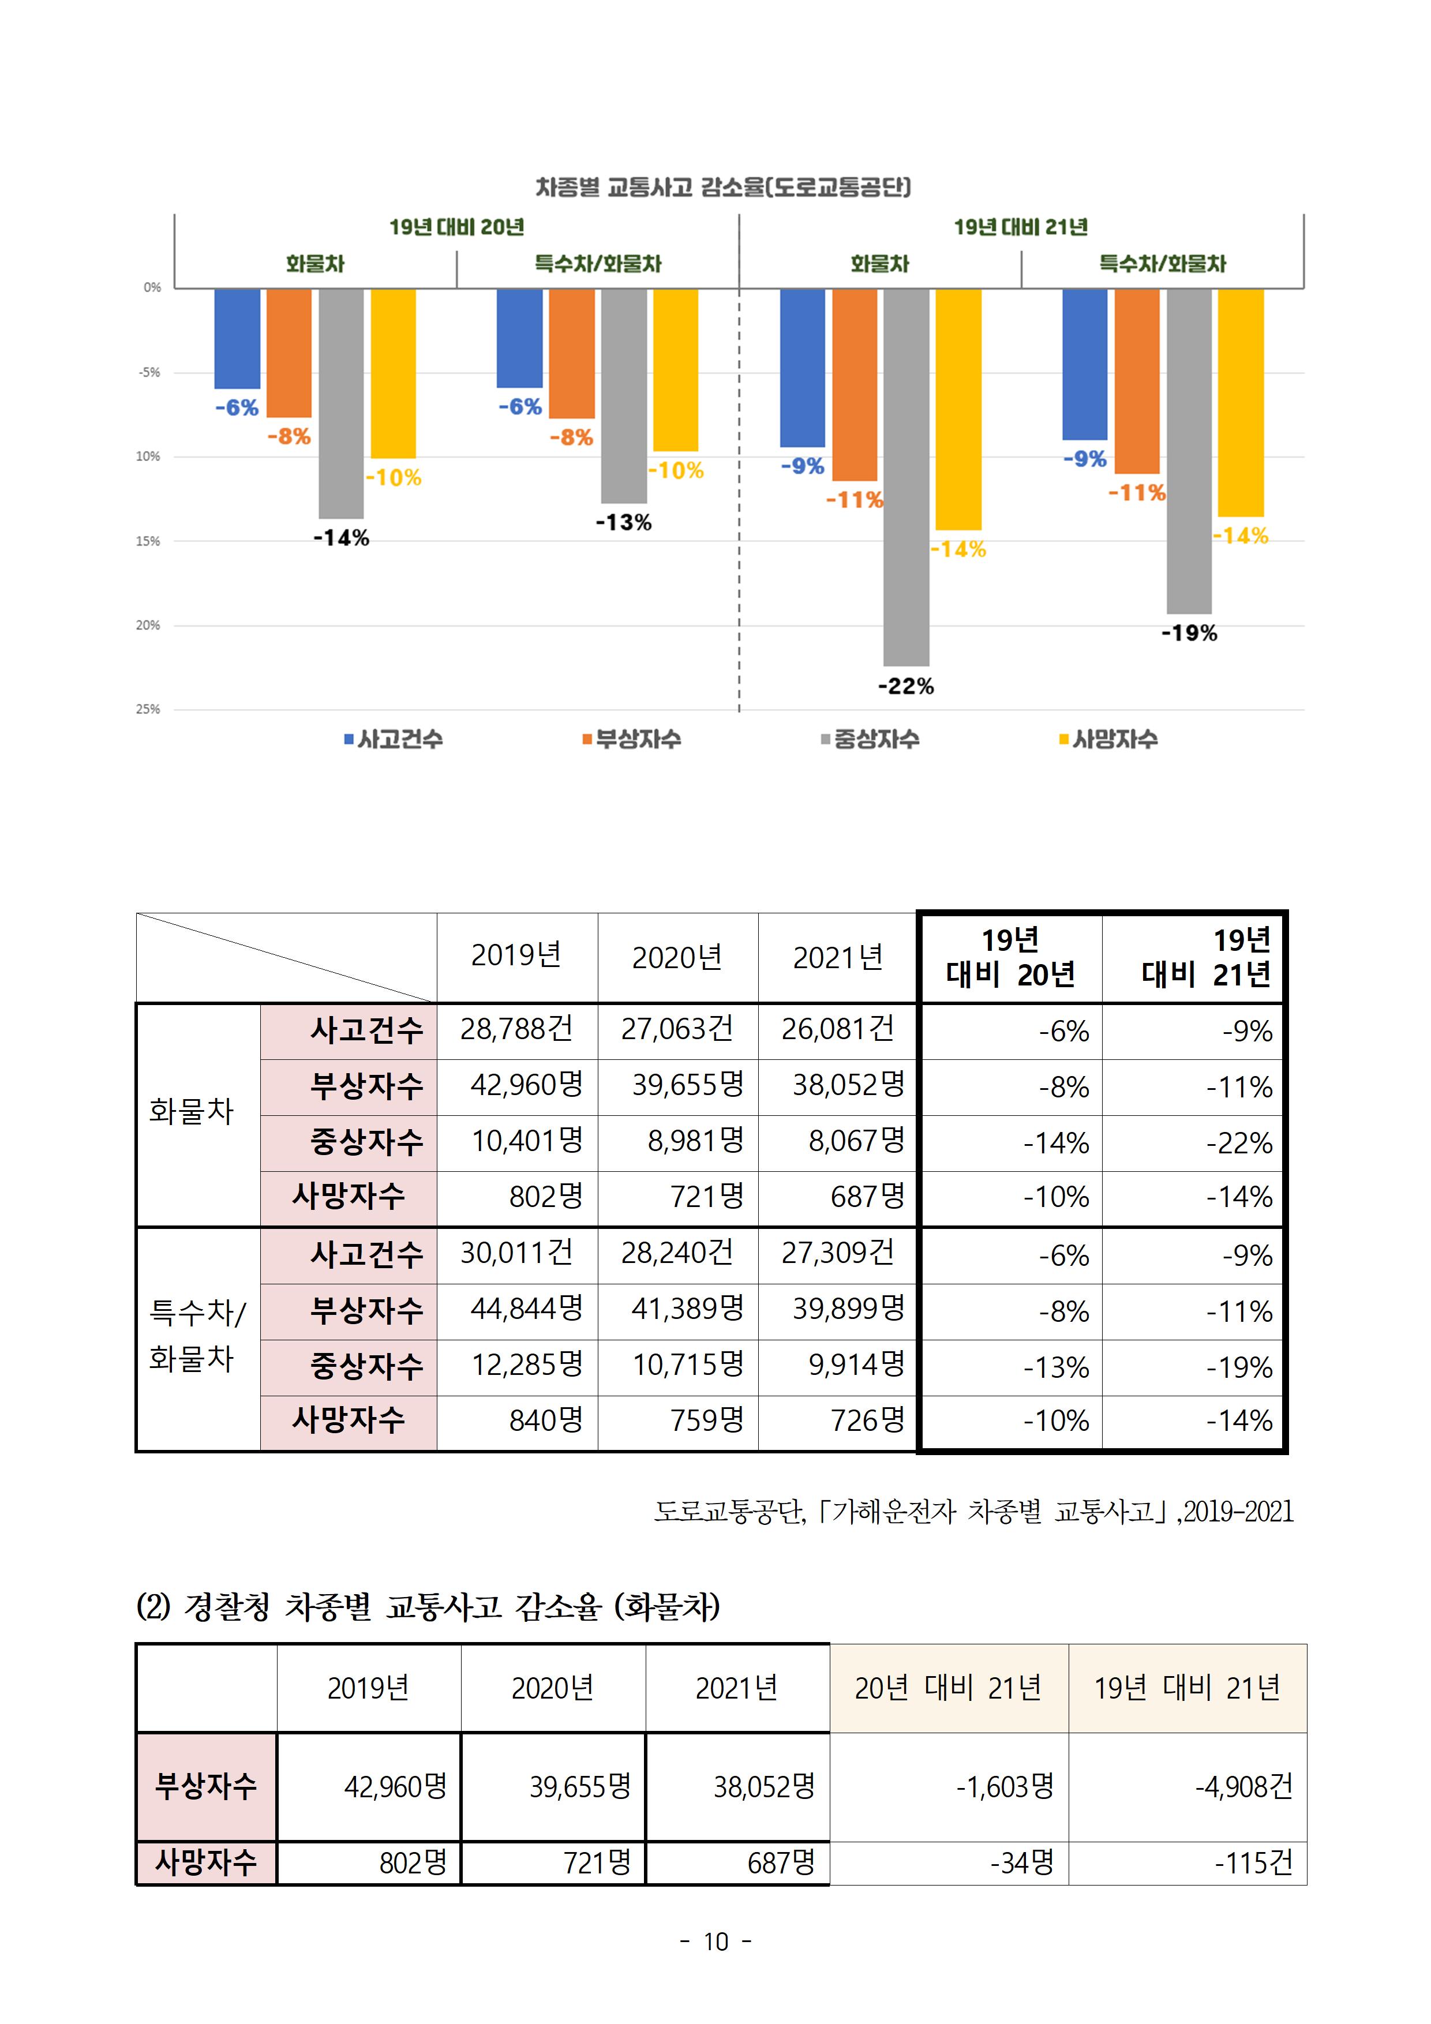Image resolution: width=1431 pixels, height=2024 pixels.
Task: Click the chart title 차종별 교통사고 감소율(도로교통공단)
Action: [x=723, y=187]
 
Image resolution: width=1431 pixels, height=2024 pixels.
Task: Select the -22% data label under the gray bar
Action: [x=905, y=686]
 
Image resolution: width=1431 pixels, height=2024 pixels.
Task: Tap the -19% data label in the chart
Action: [x=1189, y=633]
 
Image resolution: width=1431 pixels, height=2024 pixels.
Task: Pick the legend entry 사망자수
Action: [x=1108, y=739]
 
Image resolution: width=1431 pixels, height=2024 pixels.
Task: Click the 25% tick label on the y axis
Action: [x=148, y=709]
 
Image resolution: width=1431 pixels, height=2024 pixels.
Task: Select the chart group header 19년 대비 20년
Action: [x=457, y=227]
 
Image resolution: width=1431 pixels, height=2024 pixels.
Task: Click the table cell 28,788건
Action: [x=516, y=1029]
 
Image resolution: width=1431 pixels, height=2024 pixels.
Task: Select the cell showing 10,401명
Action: [x=526, y=1142]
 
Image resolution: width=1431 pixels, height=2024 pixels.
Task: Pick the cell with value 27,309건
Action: [x=838, y=1253]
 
